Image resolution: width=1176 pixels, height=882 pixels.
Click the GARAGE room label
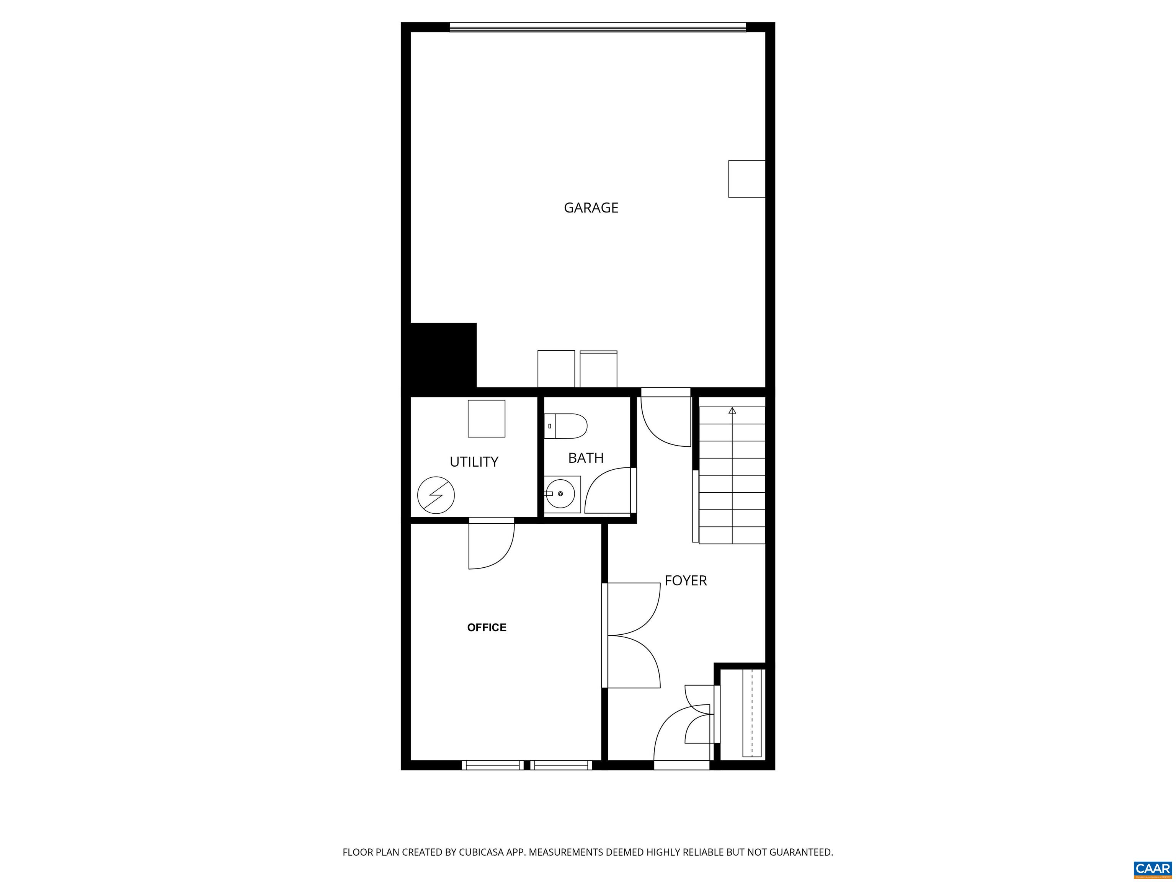[x=591, y=208]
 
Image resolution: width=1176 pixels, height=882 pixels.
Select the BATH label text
[x=585, y=458]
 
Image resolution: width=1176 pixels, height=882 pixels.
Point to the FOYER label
[x=685, y=581]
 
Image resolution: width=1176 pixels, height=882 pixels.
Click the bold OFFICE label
[x=487, y=627]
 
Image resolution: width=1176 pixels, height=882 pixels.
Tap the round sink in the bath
[x=561, y=494]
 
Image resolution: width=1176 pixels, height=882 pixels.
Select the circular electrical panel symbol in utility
[x=436, y=495]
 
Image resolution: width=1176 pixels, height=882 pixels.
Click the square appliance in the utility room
[x=486, y=419]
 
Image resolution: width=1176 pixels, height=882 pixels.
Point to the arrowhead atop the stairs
[x=732, y=410]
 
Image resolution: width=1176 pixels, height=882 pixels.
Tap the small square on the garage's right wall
[x=746, y=179]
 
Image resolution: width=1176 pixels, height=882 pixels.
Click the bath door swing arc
[x=606, y=492]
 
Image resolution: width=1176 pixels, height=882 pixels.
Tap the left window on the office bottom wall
[x=492, y=765]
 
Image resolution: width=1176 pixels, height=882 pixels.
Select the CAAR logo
[x=1152, y=869]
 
